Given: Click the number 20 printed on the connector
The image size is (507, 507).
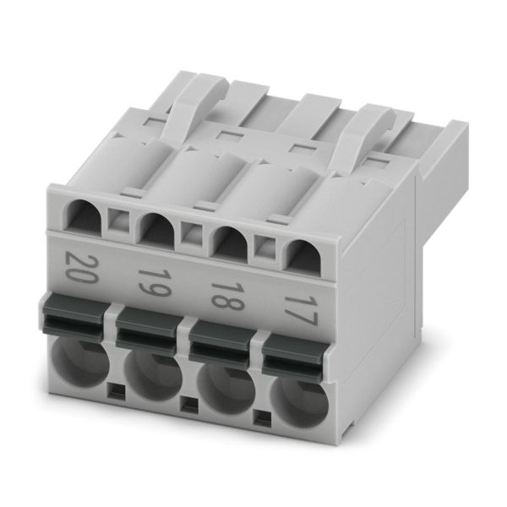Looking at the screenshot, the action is (x=81, y=267).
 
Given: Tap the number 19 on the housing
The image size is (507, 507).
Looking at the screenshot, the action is (x=155, y=282).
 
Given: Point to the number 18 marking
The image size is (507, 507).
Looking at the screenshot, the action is (x=227, y=297).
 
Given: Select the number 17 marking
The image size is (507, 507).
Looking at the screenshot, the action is (x=300, y=311).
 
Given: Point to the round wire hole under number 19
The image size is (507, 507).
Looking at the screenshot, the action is (x=154, y=377).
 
